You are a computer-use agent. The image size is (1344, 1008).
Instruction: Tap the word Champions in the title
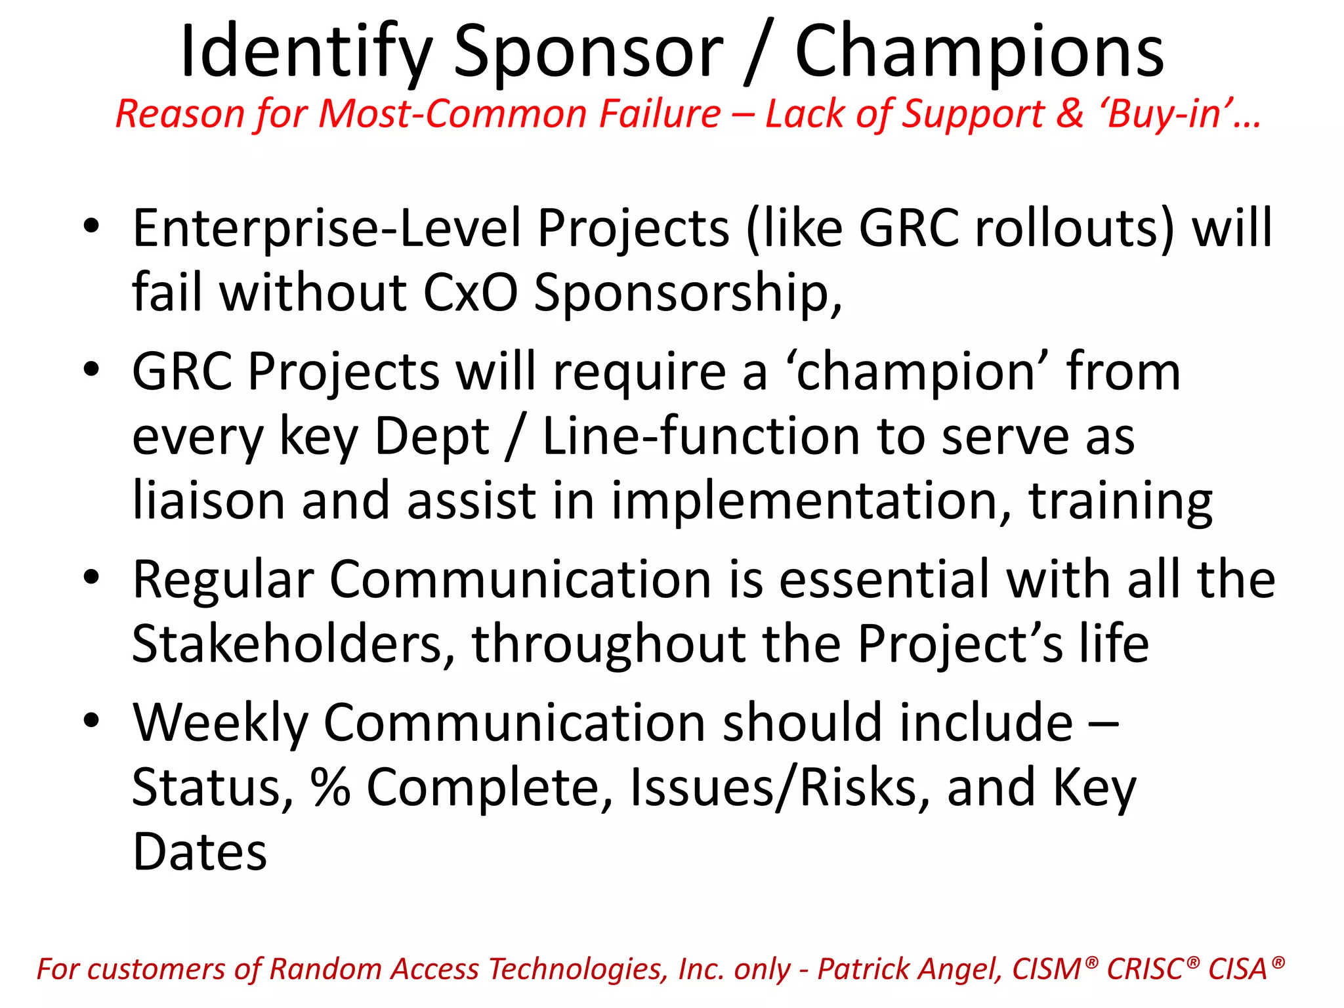979,52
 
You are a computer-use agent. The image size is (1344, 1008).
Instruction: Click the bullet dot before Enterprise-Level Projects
91,226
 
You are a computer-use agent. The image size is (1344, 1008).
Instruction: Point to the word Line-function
701,436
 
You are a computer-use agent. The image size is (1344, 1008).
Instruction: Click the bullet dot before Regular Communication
91,577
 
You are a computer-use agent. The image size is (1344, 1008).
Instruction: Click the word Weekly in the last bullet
220,723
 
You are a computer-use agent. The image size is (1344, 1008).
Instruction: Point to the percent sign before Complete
330,787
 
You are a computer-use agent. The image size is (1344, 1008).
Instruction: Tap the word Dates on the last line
200,852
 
